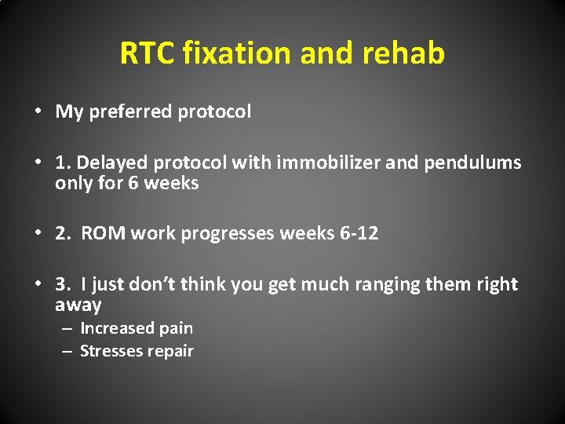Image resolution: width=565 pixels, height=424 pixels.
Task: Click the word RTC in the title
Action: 148,53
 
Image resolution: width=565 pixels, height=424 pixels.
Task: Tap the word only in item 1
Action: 73,184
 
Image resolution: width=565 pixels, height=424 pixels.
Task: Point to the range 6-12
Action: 356,233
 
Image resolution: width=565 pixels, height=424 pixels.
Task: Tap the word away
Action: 78,305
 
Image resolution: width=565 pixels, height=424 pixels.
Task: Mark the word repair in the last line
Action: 172,352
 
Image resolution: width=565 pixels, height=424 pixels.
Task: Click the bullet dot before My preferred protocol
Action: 38,112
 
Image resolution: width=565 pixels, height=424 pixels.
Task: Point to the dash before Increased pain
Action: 69,329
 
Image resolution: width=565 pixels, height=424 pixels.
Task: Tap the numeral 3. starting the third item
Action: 63,284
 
